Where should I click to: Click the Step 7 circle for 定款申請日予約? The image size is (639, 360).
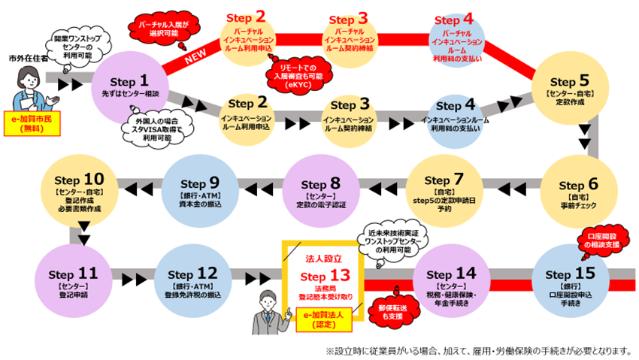(x=445, y=190)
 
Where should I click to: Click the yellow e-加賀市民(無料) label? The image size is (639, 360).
(x=34, y=123)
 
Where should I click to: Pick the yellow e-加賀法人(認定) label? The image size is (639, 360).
(x=323, y=319)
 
